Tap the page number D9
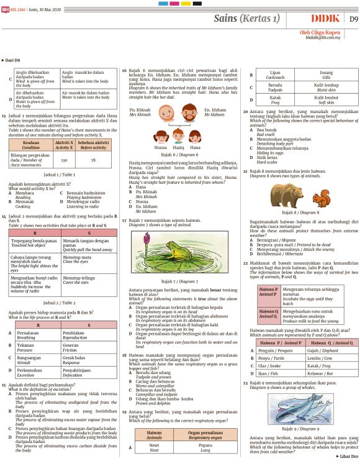[353, 19]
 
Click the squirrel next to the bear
[321, 199]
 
